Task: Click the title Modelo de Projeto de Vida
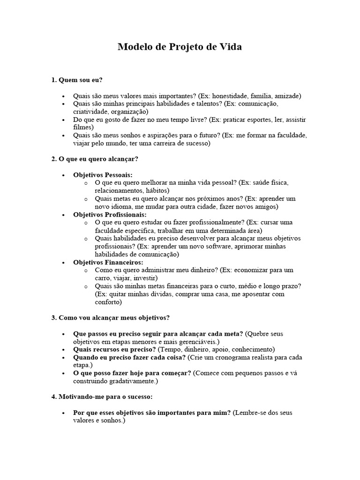[x=180, y=47]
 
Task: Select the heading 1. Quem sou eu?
[x=77, y=80]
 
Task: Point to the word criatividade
[x=90, y=112]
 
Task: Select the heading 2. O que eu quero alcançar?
[x=95, y=159]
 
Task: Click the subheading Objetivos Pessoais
[x=103, y=175]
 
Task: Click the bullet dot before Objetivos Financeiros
[x=63, y=262]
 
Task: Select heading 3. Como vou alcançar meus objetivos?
[x=110, y=318]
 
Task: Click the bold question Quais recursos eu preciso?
[x=114, y=349]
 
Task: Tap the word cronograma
[x=226, y=357]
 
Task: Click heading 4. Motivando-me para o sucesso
[x=102, y=397]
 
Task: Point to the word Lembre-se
[x=251, y=412]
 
